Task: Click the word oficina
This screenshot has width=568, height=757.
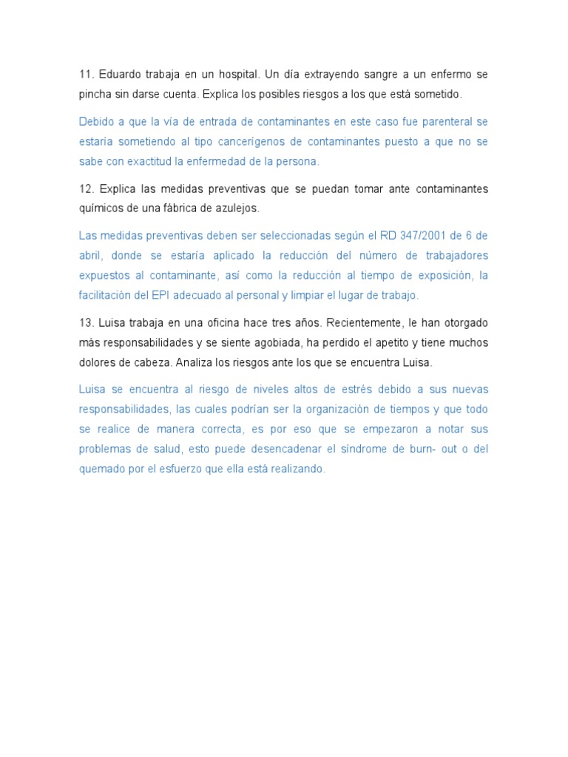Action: coord(209,323)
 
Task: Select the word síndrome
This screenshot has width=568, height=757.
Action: coord(359,449)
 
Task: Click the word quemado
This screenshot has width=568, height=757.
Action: coord(101,469)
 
